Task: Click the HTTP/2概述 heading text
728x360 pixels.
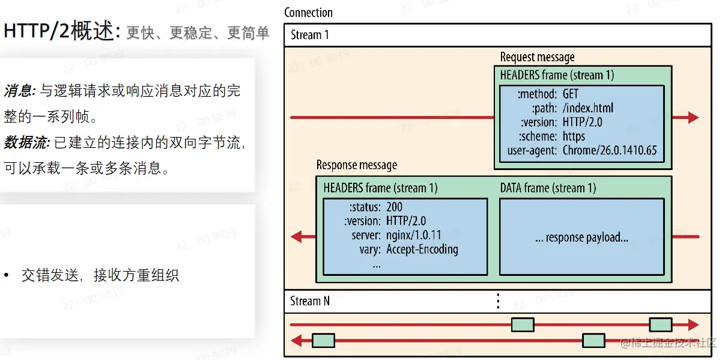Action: click(x=58, y=31)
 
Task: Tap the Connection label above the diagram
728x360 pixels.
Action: click(x=308, y=13)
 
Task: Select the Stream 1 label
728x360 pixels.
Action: click(x=310, y=35)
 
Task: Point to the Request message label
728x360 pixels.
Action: click(x=537, y=57)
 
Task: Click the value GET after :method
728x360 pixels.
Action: click(x=571, y=94)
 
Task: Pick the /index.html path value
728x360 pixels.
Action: click(x=588, y=108)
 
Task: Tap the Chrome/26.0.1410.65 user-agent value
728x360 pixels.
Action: click(x=610, y=150)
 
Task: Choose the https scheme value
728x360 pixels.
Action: click(x=574, y=136)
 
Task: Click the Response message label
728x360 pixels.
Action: click(x=356, y=165)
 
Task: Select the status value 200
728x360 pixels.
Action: click(x=395, y=207)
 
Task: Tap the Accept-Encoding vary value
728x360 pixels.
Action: click(x=422, y=249)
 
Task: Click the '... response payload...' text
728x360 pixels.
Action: click(x=581, y=237)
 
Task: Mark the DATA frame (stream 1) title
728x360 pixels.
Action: click(x=548, y=188)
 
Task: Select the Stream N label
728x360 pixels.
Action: click(x=310, y=301)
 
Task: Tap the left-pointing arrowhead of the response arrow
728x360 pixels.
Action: click(x=296, y=237)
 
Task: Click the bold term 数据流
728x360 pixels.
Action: click(x=26, y=143)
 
